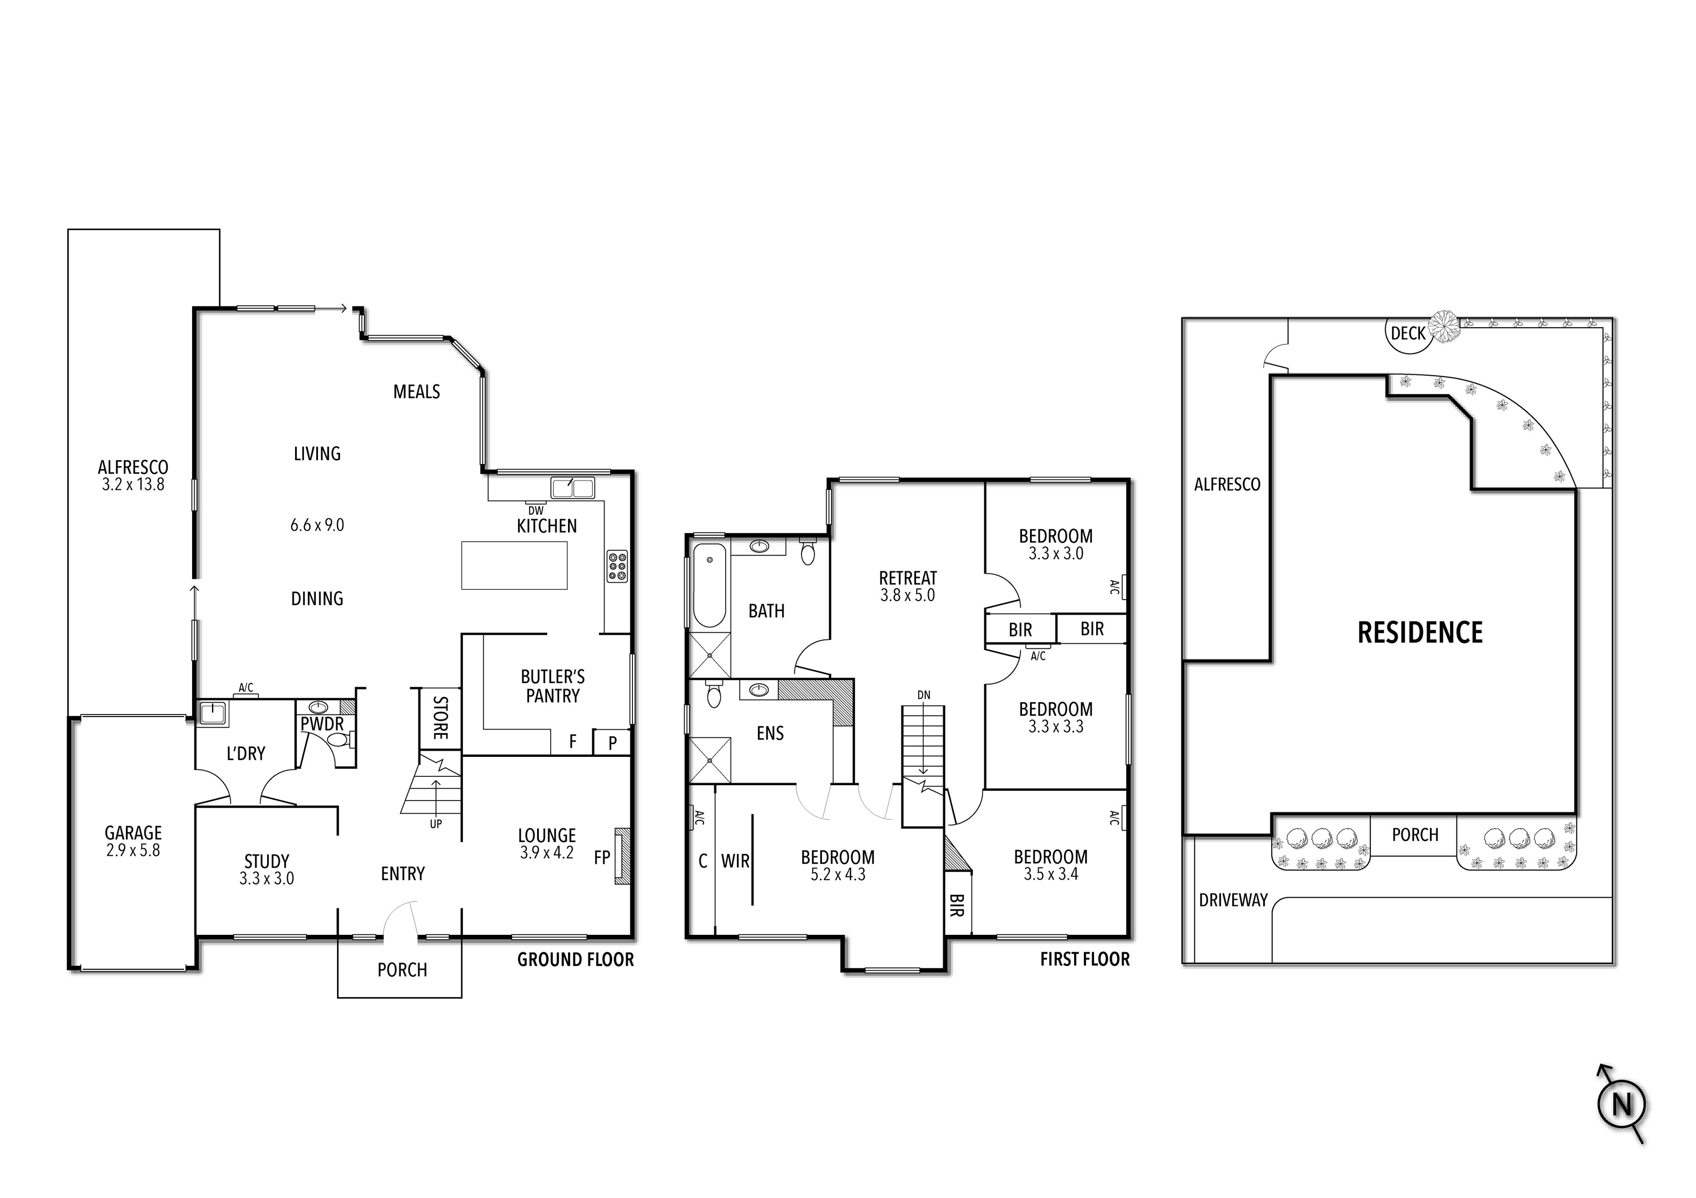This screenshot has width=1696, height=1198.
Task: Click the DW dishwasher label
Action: (536, 510)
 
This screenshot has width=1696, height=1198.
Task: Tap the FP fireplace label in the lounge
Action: (602, 858)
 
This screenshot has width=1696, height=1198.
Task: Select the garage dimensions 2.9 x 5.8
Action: (133, 850)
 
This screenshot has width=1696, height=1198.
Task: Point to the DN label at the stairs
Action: (924, 695)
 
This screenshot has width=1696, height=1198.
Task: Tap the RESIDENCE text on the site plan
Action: (1420, 633)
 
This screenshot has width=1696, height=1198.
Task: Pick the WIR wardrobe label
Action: (735, 861)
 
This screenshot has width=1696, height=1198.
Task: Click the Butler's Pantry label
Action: (553, 686)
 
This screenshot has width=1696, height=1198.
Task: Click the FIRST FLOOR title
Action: (1084, 960)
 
